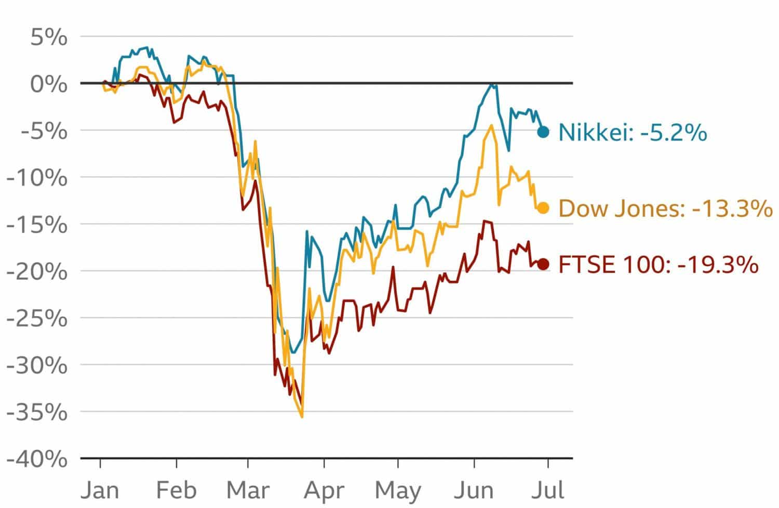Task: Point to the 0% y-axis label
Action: pos(48,84)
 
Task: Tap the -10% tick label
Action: pos(37,178)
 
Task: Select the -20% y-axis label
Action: pos(37,271)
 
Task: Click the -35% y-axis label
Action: pos(37,412)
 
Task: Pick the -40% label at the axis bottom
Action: pos(37,460)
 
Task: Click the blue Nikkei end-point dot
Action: pos(543,132)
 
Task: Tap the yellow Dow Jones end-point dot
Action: pos(543,208)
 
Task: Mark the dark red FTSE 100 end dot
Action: pos(543,264)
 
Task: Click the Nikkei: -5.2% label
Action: pos(632,133)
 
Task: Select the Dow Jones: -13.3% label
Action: pos(665,209)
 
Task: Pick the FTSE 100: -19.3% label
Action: pos(658,265)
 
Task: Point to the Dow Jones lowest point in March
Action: pos(302,416)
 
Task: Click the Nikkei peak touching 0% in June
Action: pos(491,84)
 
